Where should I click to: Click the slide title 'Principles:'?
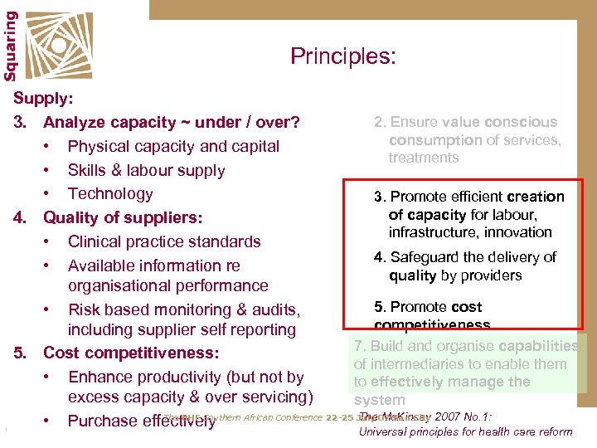(342, 56)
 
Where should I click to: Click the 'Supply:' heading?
(43, 98)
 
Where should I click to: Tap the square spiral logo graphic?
(57, 42)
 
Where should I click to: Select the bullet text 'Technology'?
(110, 193)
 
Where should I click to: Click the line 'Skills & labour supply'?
(146, 170)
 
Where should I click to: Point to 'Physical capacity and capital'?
(173, 146)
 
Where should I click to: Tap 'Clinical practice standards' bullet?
(164, 241)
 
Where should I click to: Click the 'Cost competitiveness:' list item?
(131, 353)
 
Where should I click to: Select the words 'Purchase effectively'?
(141, 421)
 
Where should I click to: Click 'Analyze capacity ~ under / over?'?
(171, 123)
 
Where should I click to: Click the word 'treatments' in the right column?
(423, 158)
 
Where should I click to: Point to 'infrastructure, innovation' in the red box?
(469, 232)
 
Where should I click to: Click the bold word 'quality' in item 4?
(413, 275)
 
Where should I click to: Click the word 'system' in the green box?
(379, 400)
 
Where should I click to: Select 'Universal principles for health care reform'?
(465, 431)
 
